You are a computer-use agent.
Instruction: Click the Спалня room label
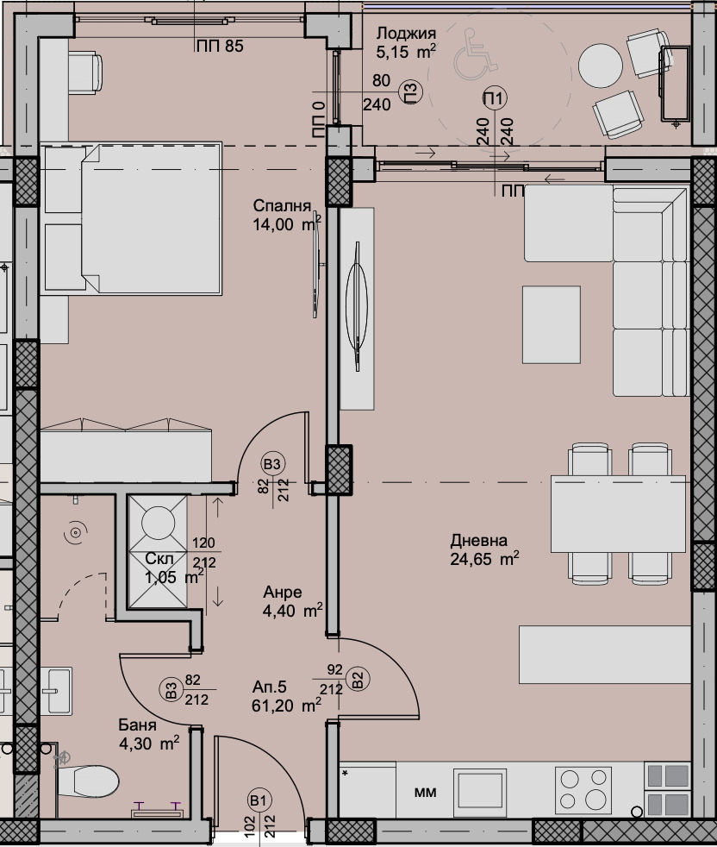[282, 205]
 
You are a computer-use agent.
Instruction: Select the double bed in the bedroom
[132, 218]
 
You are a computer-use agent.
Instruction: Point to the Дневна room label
[479, 540]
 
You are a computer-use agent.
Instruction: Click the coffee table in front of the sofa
[552, 324]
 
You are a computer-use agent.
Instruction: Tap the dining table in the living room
[618, 514]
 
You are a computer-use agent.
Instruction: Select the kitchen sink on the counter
[479, 788]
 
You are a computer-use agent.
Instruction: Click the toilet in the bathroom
[87, 781]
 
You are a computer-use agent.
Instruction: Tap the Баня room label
[137, 725]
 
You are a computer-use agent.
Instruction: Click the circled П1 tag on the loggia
[495, 98]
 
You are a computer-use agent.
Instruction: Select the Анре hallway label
[282, 593]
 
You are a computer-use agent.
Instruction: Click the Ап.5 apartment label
[269, 687]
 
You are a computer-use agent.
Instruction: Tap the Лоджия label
[406, 34]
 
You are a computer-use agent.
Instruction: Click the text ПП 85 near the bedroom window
[220, 47]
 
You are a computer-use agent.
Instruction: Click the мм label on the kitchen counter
[426, 793]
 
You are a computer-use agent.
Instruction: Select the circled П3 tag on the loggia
[410, 91]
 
